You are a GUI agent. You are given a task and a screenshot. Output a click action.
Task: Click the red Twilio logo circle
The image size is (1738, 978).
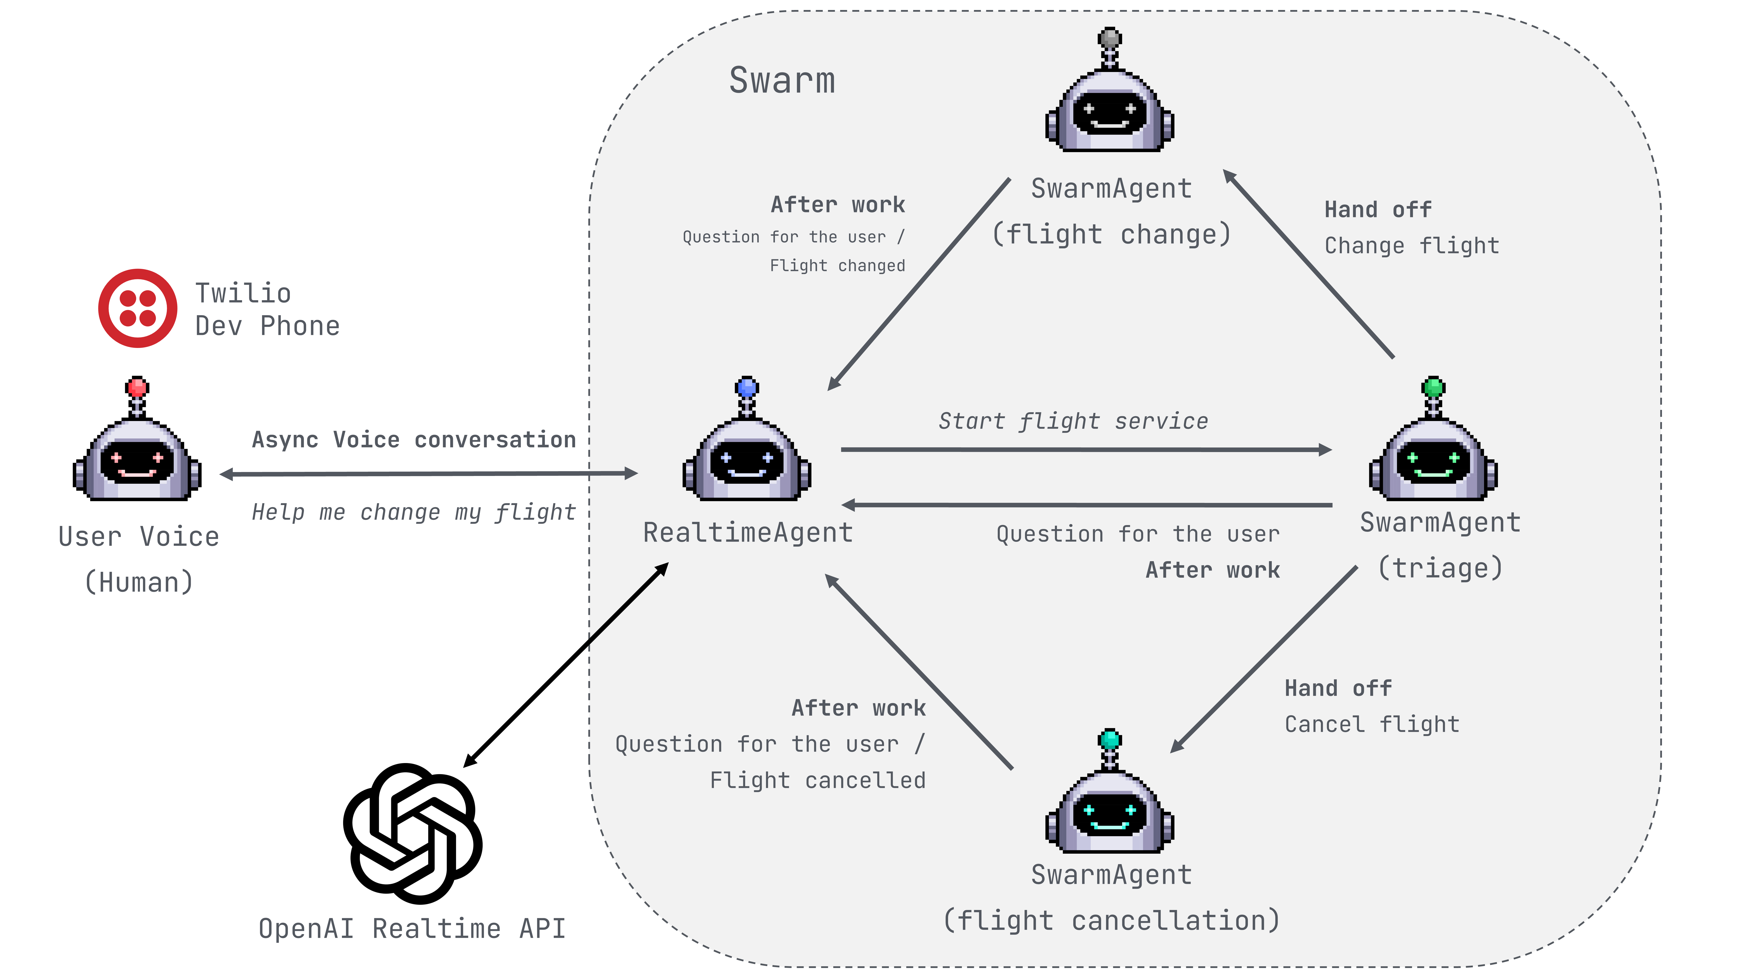138,308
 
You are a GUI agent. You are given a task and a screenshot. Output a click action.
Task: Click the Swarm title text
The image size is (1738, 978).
782,80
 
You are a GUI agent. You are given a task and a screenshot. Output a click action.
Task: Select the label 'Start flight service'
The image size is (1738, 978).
1073,421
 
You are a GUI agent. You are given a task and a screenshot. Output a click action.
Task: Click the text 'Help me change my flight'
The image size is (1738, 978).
414,512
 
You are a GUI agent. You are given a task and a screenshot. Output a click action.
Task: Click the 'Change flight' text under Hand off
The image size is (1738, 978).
1411,246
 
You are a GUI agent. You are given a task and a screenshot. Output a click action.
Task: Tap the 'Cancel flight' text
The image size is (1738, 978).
1372,724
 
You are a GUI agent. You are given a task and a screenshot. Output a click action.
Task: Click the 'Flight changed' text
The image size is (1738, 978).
837,266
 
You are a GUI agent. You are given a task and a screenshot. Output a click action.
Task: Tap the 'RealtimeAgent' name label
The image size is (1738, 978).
748,532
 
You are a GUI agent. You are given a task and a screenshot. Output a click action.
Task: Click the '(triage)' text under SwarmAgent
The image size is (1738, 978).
1440,568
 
